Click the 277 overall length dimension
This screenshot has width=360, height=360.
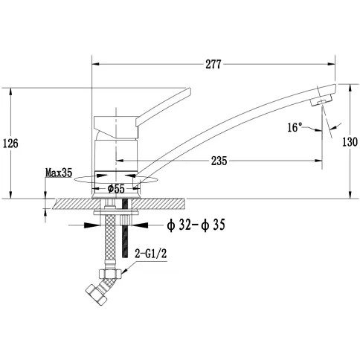coord(213,64)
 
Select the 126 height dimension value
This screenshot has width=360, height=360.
coord(10,144)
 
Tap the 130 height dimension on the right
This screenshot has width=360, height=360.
coord(350,142)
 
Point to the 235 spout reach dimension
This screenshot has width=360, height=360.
coord(219,161)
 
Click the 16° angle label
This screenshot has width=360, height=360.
coord(295,127)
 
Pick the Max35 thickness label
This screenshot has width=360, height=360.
coord(59,173)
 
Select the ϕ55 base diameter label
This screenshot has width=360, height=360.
coord(116,189)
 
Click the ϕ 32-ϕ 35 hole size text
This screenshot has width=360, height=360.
coord(196,225)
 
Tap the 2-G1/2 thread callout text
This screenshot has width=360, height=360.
coord(151,254)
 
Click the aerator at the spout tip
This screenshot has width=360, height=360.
coord(321,101)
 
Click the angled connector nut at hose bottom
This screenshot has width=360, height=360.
coord(97,295)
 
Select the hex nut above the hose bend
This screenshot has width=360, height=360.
coord(110,274)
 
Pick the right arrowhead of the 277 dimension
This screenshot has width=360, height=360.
coord(331,64)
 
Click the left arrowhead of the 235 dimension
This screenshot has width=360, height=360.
coord(120,161)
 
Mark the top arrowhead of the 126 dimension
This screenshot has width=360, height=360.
coord(10,92)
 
